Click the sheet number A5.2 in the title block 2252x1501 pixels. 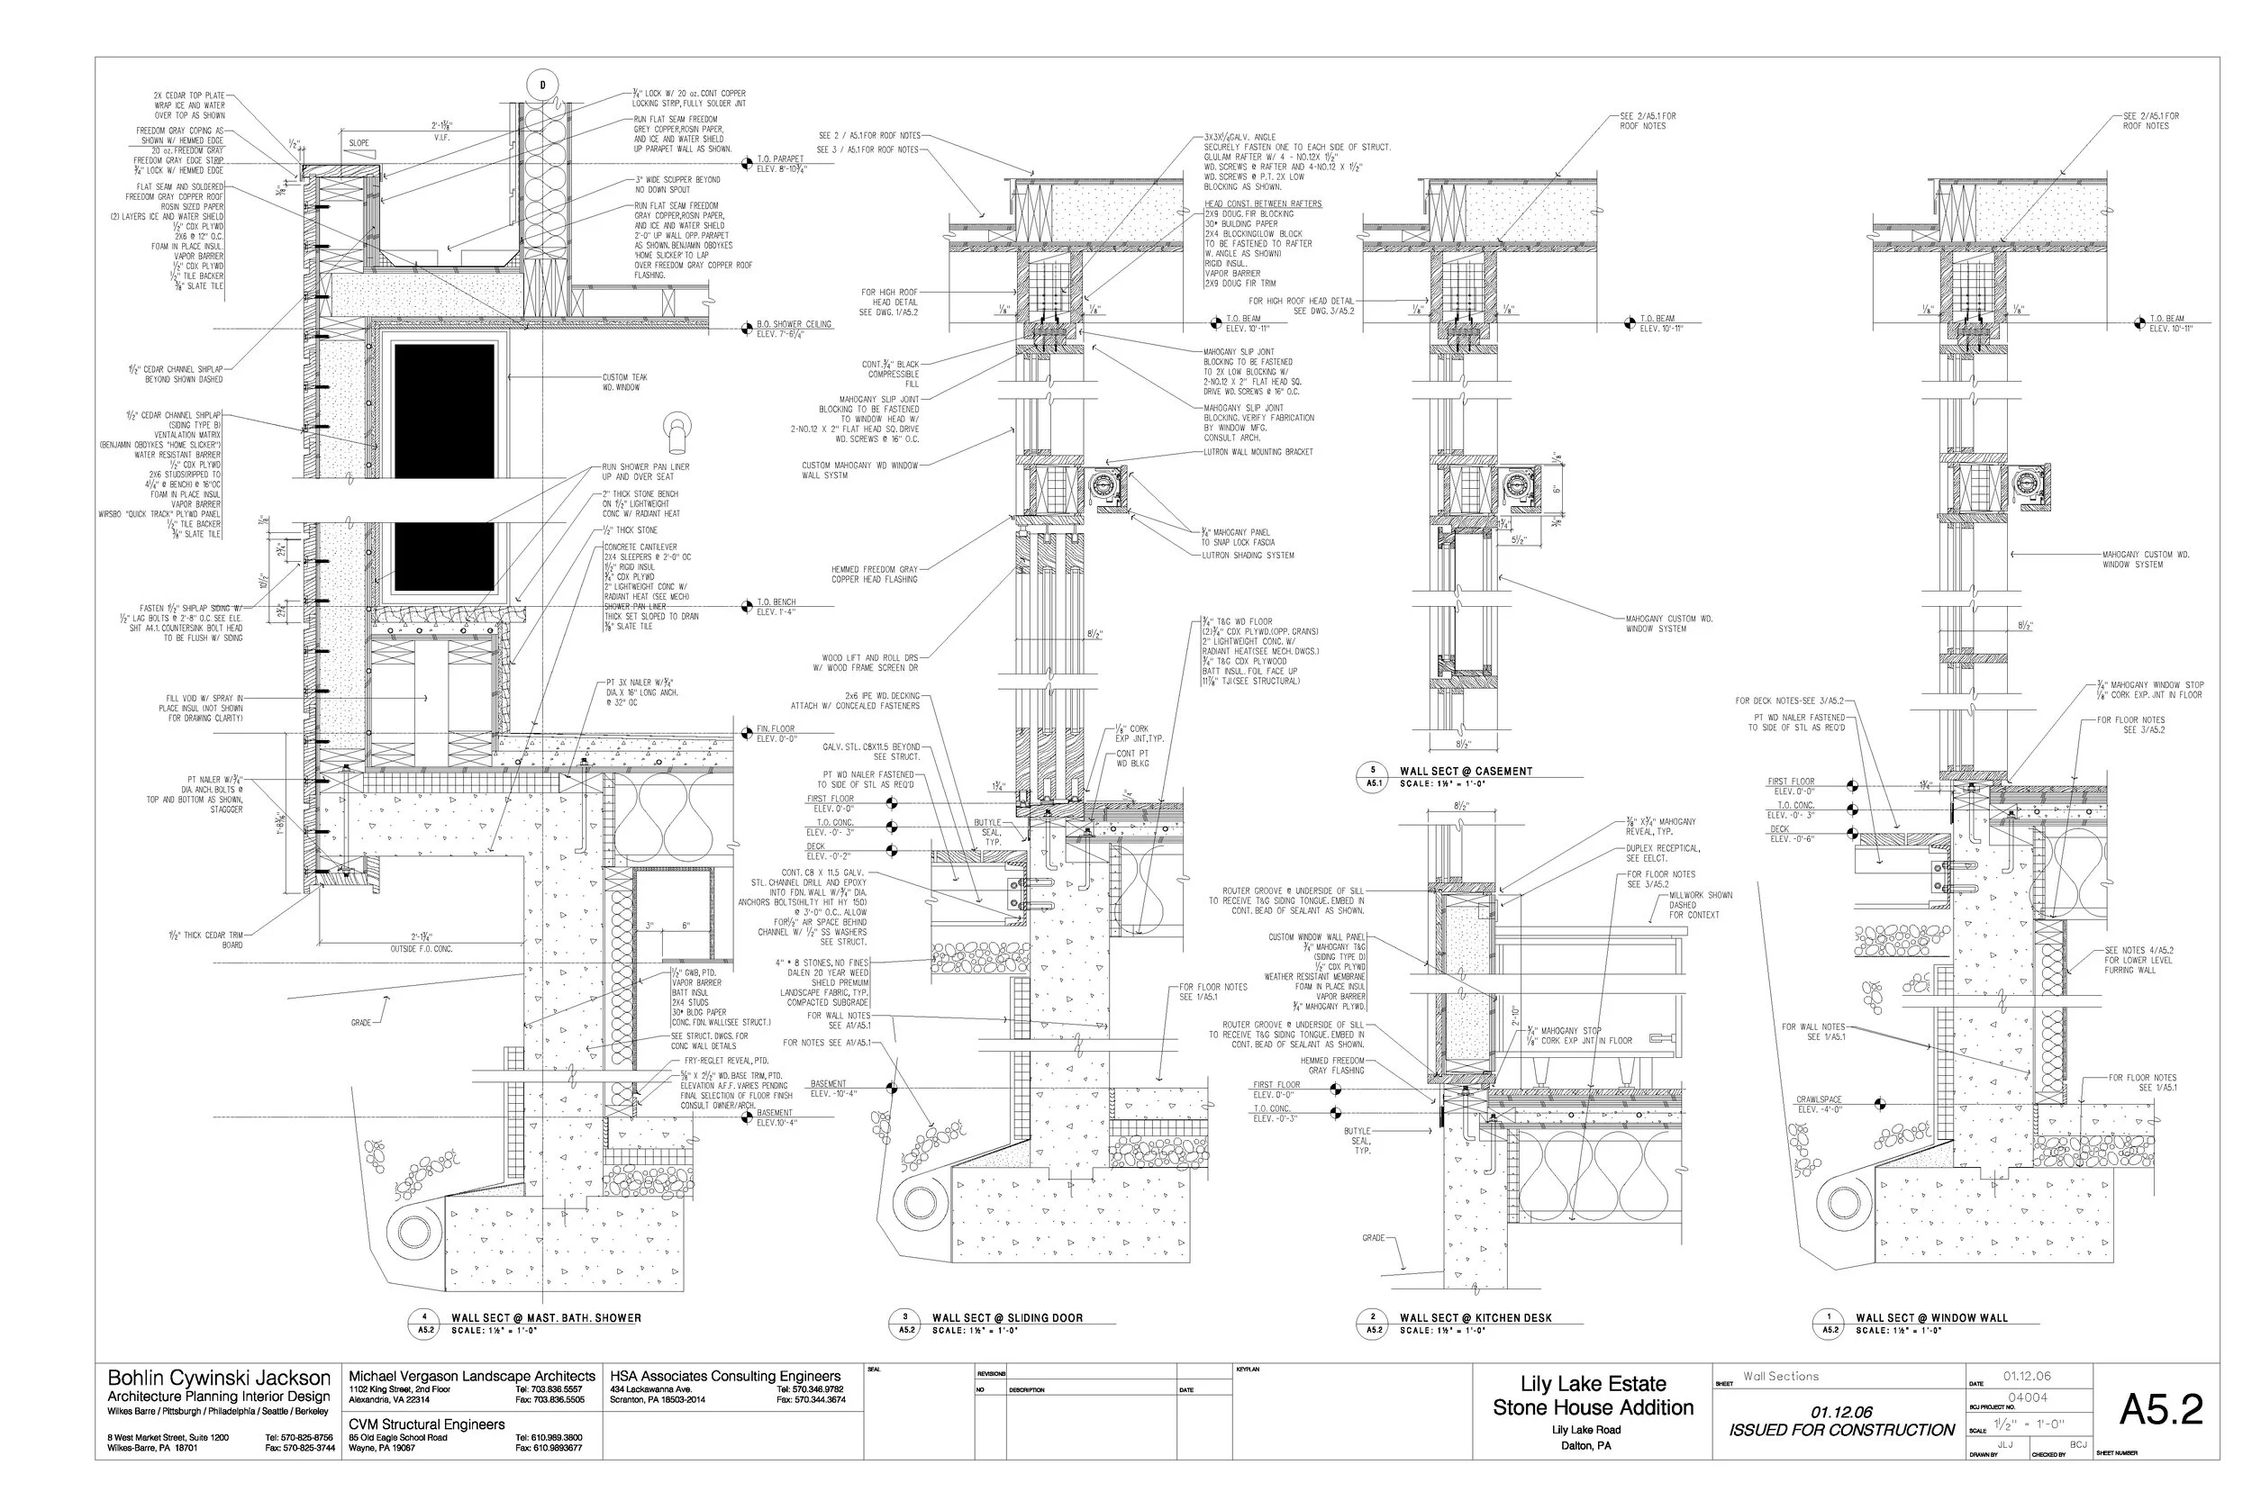2160,1409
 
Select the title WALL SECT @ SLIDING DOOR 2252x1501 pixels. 1006,1318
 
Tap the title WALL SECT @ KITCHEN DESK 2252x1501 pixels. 1476,1318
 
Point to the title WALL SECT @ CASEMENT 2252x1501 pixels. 1465,772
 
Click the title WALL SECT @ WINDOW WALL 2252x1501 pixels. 1931,1318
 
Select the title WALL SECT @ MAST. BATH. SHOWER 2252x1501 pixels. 546,1318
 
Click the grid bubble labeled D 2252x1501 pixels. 543,86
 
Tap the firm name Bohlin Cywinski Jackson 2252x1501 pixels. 218,1379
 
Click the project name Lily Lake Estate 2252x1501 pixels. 1593,1383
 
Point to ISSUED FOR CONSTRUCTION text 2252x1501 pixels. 1840,1430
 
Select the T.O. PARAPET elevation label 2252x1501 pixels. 780,158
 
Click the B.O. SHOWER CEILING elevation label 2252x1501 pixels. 794,324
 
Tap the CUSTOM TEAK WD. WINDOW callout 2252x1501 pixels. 624,382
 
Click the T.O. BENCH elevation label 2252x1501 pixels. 776,602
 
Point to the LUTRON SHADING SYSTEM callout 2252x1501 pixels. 1248,556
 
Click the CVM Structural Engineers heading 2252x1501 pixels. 426,1424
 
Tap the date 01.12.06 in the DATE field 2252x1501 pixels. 2027,1377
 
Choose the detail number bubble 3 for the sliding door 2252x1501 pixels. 904,1318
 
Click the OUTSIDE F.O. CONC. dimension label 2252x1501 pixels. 422,949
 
